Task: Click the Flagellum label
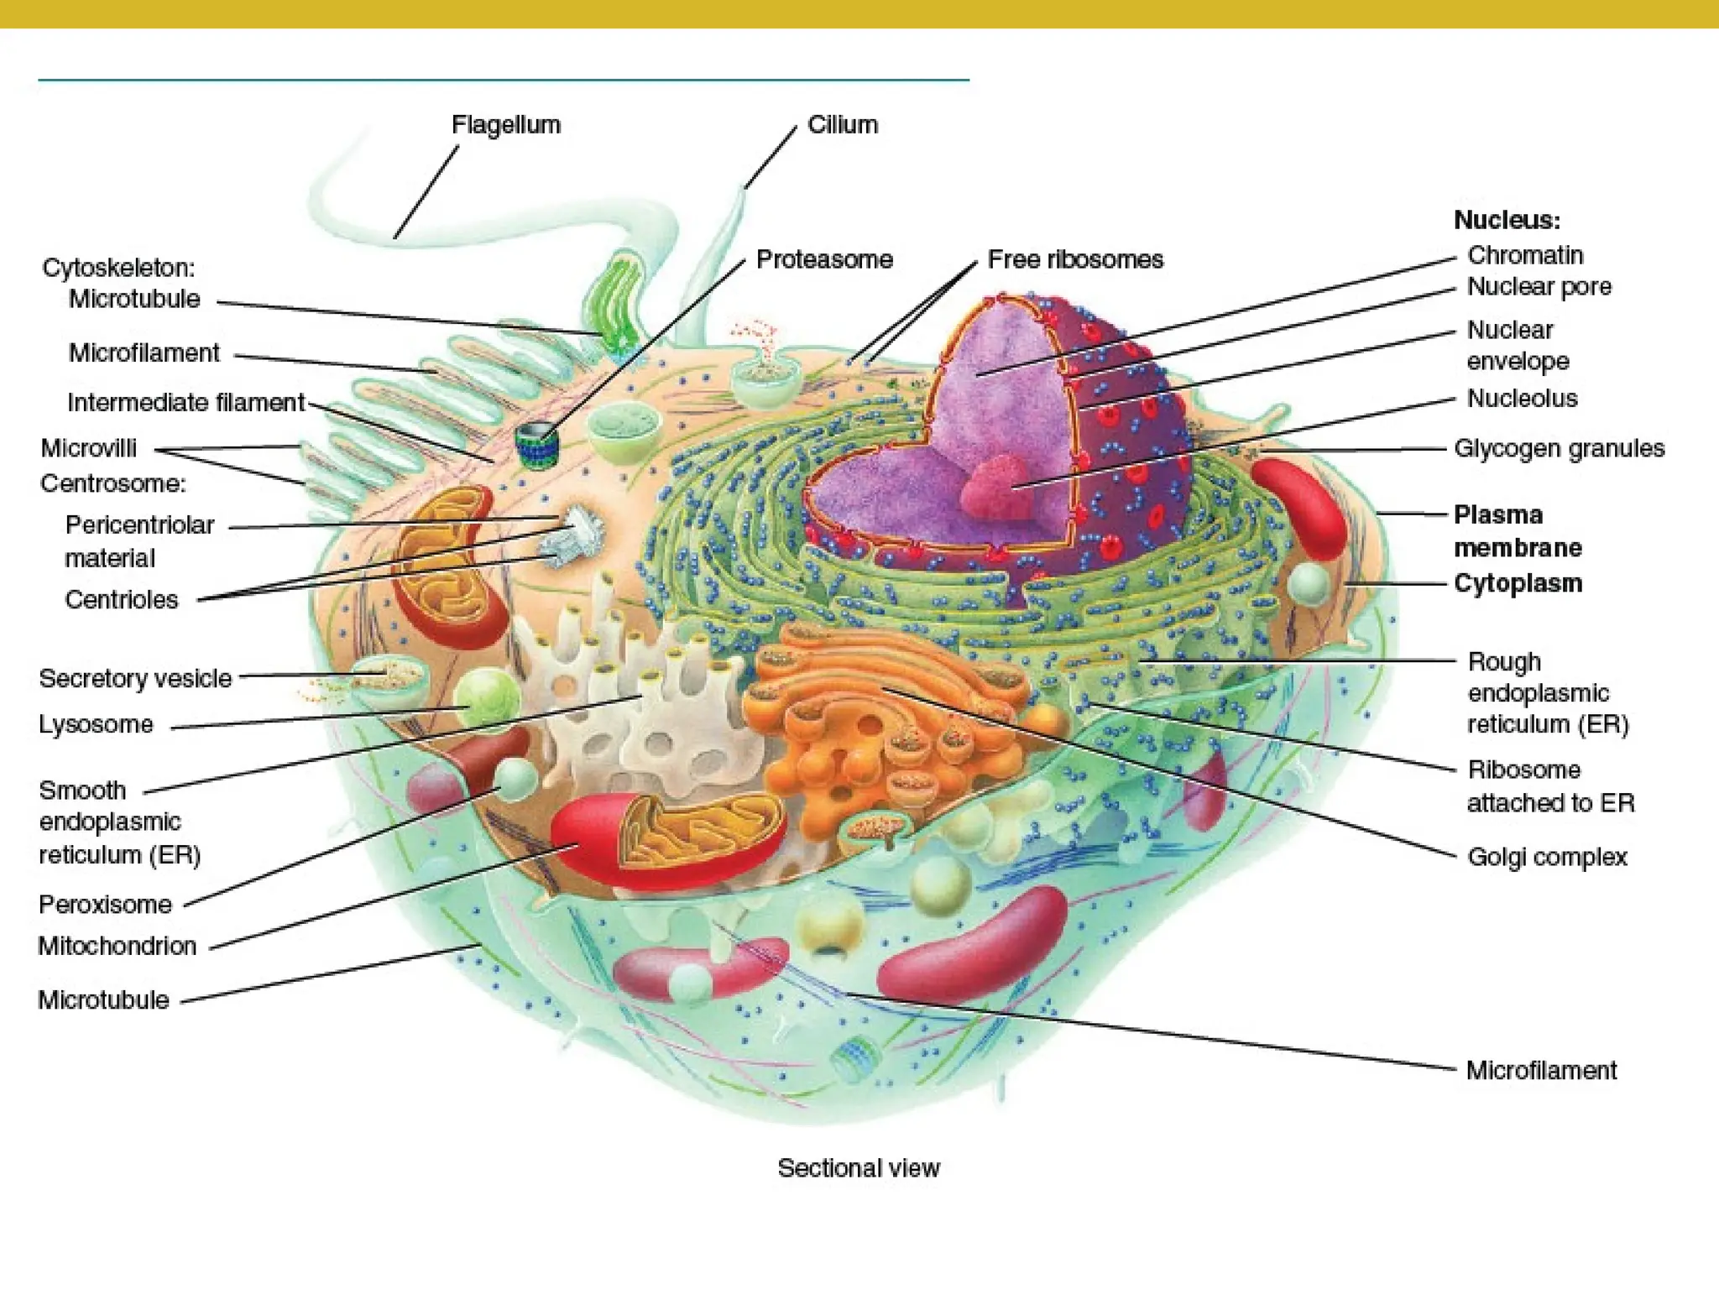(x=505, y=125)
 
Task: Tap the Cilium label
(x=842, y=125)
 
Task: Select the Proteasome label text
(x=823, y=259)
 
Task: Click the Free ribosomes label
(x=1074, y=259)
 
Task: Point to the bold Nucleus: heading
(x=1507, y=220)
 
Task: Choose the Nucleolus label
(x=1521, y=398)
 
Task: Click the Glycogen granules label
(x=1559, y=448)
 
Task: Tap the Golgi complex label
(x=1546, y=857)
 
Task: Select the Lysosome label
(x=96, y=724)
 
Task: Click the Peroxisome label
(x=105, y=904)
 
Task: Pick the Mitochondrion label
(x=117, y=946)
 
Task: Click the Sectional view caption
(x=858, y=1167)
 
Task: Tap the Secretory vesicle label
(x=135, y=678)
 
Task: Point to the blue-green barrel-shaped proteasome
(x=536, y=446)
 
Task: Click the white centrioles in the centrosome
(x=575, y=535)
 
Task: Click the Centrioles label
(x=121, y=599)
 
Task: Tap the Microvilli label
(x=88, y=448)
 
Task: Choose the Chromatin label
(x=1524, y=255)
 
